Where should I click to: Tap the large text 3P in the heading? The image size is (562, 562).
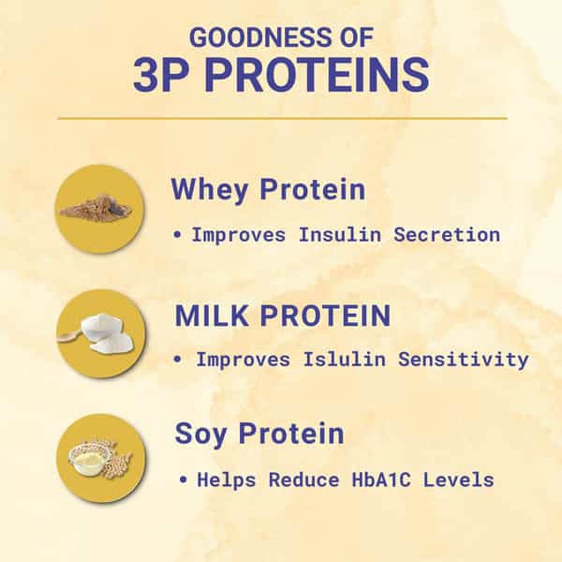tap(161, 75)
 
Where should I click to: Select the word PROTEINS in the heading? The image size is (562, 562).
tap(318, 75)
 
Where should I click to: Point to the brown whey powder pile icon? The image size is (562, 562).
tap(96, 208)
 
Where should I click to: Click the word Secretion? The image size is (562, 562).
tap(447, 235)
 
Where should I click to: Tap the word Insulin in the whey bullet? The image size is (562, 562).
tap(340, 235)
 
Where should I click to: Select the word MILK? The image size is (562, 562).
tap(212, 316)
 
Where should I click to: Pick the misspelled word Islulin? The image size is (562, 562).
tap(345, 359)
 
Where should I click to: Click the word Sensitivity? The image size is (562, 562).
tap(464, 360)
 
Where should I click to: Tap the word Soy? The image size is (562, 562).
tap(200, 435)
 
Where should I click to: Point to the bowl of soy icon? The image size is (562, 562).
tap(99, 459)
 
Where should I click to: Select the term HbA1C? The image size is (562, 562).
tap(381, 480)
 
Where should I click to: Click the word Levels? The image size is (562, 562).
tap(458, 480)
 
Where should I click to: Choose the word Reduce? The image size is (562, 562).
tap(303, 480)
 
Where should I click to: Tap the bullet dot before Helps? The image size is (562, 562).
tap(184, 480)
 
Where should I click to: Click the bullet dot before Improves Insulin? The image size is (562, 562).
tap(177, 235)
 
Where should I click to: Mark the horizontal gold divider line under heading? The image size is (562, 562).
tap(283, 118)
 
